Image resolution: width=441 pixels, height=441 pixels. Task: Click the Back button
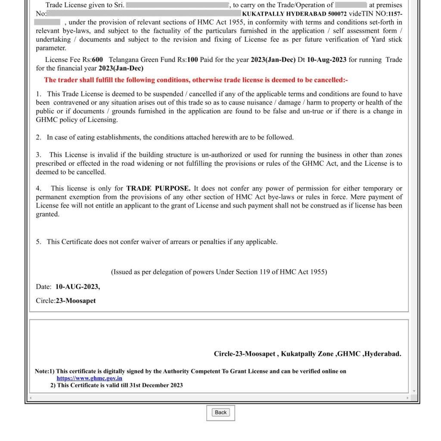click(x=220, y=412)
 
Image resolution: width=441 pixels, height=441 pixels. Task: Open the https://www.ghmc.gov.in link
click(x=89, y=378)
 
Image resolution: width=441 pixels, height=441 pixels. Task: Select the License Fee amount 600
click(x=97, y=60)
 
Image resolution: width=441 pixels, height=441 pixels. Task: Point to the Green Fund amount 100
click(x=193, y=60)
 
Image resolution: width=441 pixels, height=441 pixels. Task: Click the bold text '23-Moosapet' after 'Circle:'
click(x=76, y=301)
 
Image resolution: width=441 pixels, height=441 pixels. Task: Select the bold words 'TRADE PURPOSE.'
click(x=158, y=188)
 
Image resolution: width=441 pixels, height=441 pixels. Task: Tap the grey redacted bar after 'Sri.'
click(x=177, y=5)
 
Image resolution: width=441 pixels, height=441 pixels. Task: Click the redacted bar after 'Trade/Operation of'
click(x=351, y=5)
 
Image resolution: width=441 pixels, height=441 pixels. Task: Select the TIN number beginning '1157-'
click(x=395, y=13)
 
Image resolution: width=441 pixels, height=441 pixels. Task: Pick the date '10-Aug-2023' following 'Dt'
click(x=326, y=60)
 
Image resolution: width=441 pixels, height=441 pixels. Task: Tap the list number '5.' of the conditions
click(x=39, y=242)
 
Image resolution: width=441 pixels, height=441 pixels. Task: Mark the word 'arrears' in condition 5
click(x=179, y=242)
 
